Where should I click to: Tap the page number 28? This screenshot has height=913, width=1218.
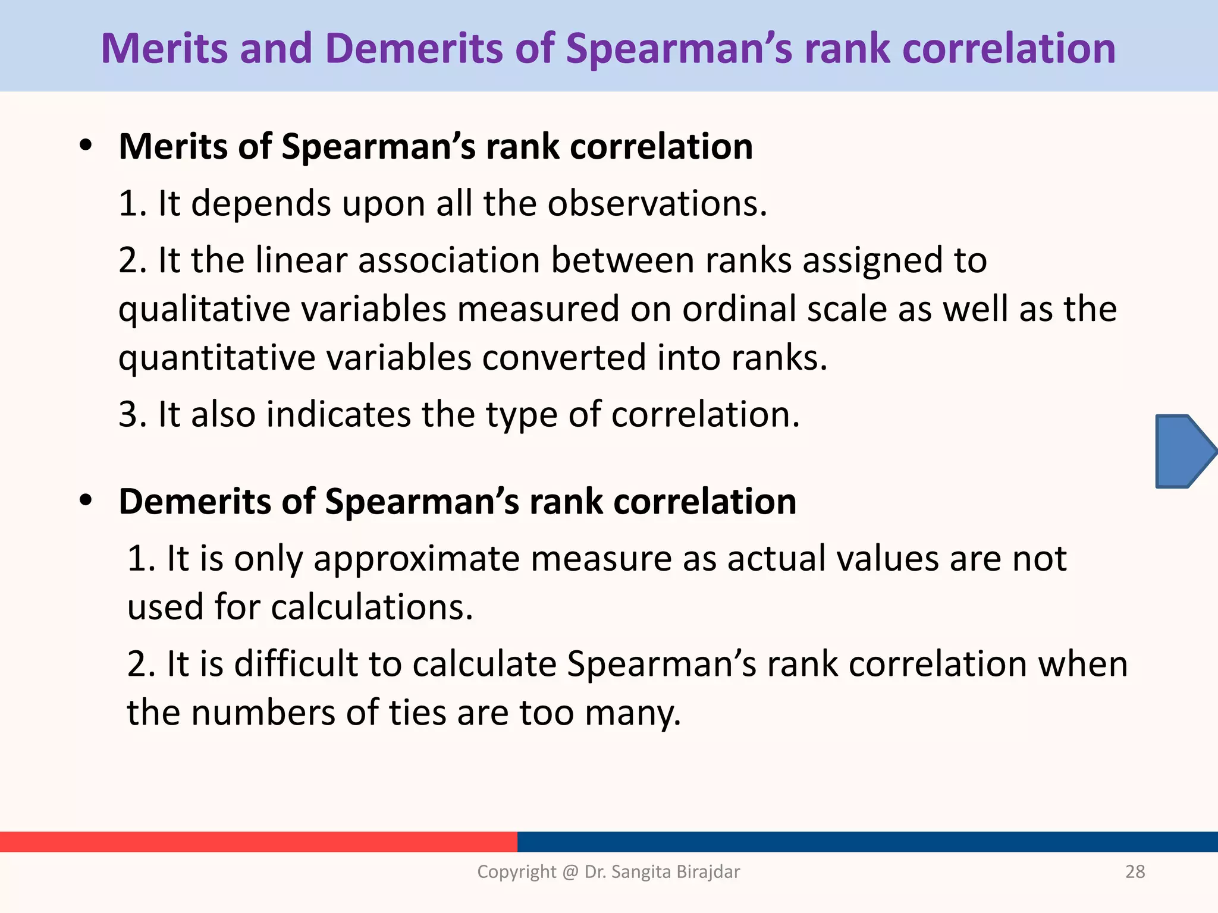[1135, 871]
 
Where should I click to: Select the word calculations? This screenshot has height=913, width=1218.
[372, 607]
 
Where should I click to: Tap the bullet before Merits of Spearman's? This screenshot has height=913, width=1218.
[87, 146]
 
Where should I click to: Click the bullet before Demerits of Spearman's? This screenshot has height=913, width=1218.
[87, 500]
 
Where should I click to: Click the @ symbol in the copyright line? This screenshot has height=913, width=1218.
[570, 871]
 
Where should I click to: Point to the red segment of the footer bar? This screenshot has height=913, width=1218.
[258, 841]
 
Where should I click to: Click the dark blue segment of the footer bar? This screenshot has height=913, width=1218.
[867, 841]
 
